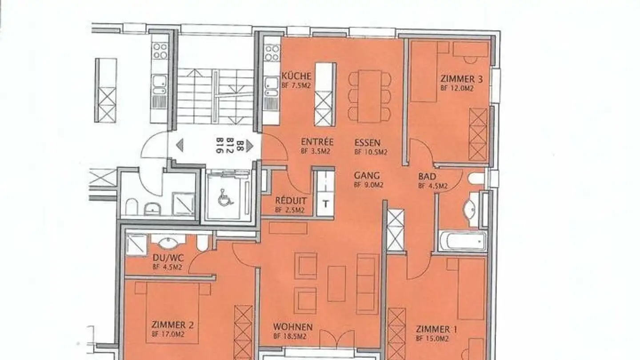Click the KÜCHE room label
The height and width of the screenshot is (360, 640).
(296, 76)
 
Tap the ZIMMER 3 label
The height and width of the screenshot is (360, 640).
(462, 79)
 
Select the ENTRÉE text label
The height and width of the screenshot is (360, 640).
(317, 142)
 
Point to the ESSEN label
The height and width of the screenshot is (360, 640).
(367, 143)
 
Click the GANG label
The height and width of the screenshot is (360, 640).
(367, 176)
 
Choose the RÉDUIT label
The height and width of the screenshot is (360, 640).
(290, 200)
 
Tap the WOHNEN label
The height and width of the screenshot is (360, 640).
(292, 327)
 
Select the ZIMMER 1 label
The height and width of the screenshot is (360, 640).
(432, 329)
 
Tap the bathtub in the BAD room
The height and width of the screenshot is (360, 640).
(462, 241)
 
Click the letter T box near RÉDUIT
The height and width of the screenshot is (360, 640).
(326, 204)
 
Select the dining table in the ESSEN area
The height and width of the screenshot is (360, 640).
(370, 96)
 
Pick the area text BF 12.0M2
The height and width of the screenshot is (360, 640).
(456, 88)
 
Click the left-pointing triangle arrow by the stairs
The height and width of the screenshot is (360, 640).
(180, 145)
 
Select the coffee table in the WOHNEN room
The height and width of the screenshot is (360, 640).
(336, 284)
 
